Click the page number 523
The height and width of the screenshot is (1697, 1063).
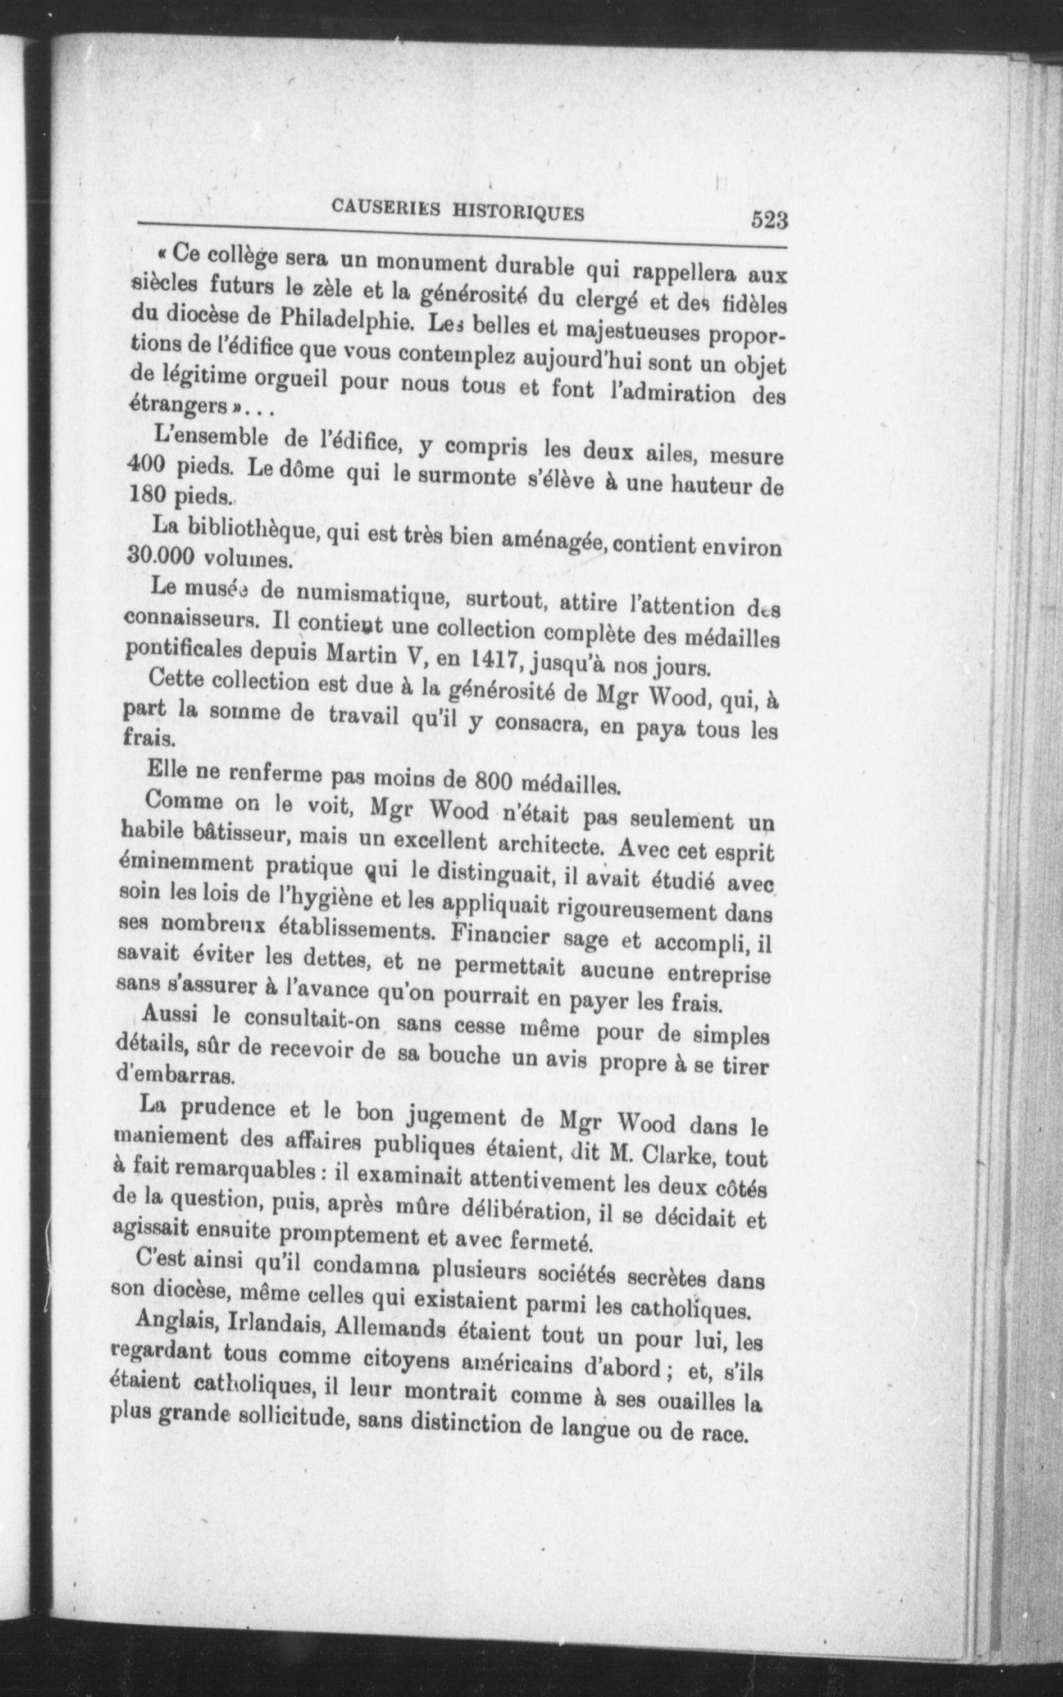click(x=768, y=221)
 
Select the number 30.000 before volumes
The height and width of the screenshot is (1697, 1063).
click(x=157, y=554)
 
